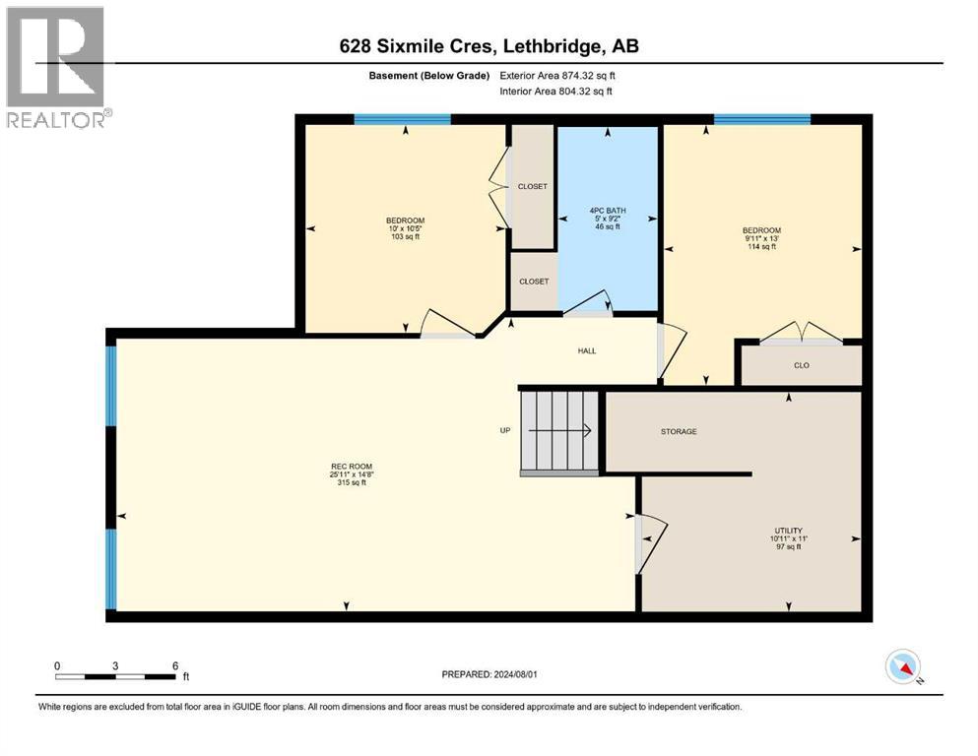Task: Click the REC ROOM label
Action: (352, 467)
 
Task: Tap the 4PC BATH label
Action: (608, 211)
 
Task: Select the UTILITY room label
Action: (788, 531)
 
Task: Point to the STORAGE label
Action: (679, 431)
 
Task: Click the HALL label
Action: (587, 350)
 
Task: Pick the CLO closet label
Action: (802, 365)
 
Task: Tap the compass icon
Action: (903, 666)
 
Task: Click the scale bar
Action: (116, 676)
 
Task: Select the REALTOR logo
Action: (57, 67)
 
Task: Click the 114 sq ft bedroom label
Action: (761, 238)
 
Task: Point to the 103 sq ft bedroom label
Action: (406, 228)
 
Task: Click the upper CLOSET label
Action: (533, 186)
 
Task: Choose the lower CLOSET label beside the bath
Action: (534, 282)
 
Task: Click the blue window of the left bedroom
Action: (402, 120)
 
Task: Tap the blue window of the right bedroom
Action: (762, 120)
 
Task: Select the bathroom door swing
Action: (589, 301)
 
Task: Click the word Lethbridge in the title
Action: (553, 46)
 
